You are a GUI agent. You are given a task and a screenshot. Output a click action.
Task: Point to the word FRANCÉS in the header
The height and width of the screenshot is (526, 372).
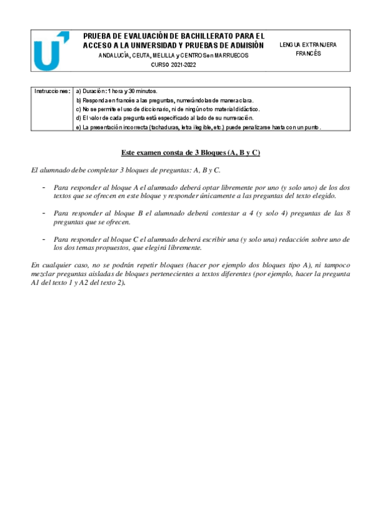click(x=308, y=54)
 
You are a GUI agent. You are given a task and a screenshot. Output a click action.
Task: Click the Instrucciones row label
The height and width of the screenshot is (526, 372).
click(x=53, y=91)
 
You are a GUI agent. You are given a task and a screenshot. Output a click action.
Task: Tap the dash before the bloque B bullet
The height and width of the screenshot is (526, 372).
click(x=43, y=213)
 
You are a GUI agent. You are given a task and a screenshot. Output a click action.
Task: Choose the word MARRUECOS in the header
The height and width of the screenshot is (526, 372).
click(x=231, y=55)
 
